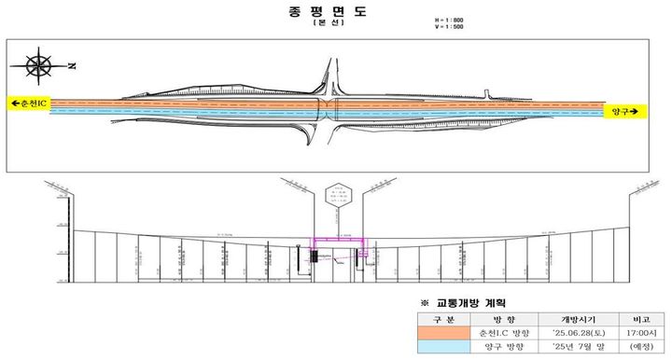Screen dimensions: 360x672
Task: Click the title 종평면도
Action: (x=337, y=12)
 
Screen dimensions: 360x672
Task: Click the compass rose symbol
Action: (x=39, y=67)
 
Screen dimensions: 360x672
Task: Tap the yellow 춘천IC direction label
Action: (x=29, y=104)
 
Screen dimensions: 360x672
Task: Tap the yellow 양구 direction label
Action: (x=624, y=111)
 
